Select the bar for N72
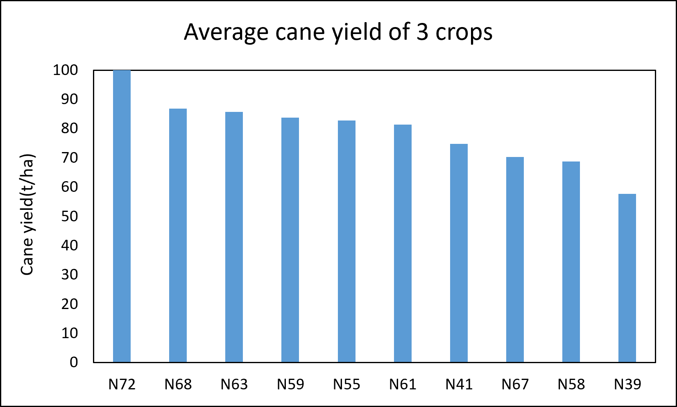(122, 216)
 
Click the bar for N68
(178, 235)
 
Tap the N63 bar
(234, 237)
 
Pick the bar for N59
(290, 240)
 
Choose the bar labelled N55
(346, 241)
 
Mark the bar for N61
(403, 243)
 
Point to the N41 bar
(459, 253)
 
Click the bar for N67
(515, 259)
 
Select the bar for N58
(571, 262)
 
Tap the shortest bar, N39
(627, 278)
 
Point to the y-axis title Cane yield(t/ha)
(27, 214)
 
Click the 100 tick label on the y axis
(66, 70)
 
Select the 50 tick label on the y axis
(70, 216)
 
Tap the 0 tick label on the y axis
(74, 362)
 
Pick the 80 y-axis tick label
(70, 129)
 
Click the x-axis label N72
(122, 384)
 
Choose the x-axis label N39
(627, 384)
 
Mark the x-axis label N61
(403, 384)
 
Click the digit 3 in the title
(422, 32)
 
